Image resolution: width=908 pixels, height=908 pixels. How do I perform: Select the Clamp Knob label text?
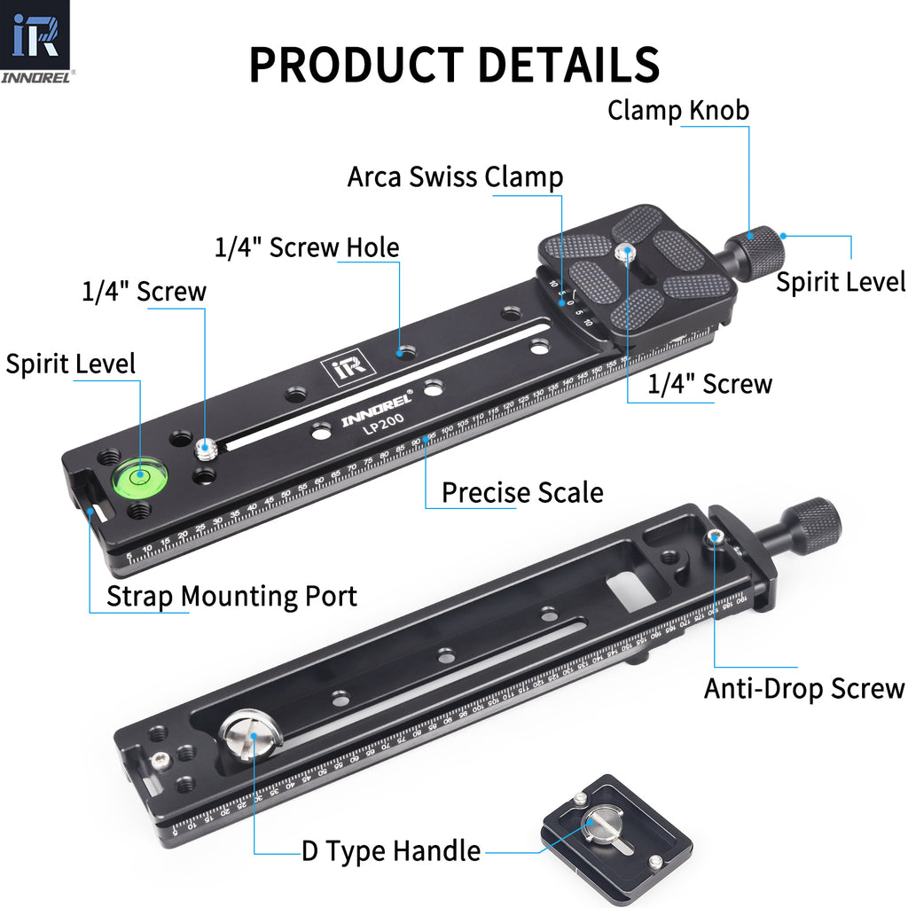point(678,111)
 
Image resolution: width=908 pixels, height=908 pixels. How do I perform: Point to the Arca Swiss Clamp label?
point(455,176)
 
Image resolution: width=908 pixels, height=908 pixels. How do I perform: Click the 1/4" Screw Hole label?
point(307,247)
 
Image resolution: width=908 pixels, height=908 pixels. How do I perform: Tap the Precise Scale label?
point(522,492)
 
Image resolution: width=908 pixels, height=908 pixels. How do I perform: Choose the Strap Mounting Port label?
point(231,596)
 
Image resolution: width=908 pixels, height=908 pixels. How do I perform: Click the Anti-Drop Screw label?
point(803,689)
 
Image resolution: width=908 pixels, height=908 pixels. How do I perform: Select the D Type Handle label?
point(391,852)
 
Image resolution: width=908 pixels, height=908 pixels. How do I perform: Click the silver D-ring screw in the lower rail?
point(249,735)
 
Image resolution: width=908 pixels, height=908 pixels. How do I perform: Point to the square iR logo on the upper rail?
point(338,369)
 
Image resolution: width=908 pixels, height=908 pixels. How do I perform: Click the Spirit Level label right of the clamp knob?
point(841,282)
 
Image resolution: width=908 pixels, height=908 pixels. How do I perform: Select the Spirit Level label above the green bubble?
point(71,364)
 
